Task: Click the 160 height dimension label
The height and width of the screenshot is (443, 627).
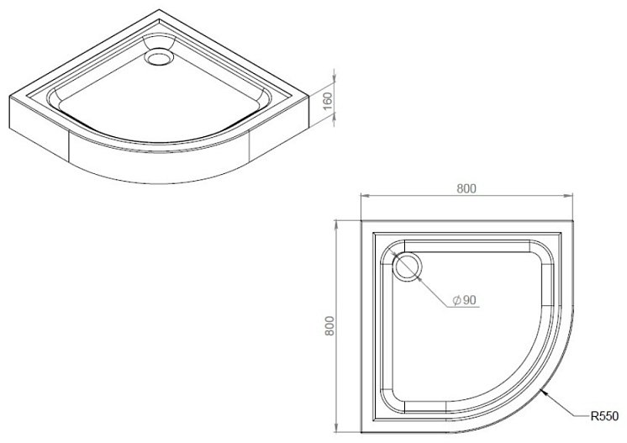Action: (x=327, y=102)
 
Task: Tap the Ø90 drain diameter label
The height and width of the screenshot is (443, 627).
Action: (x=465, y=300)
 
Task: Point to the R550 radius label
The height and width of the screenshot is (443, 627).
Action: (x=604, y=416)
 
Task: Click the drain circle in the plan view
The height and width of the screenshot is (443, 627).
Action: (x=408, y=267)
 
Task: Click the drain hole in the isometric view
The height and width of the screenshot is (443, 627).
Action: (x=159, y=56)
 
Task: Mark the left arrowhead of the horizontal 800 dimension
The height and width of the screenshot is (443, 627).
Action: (x=366, y=196)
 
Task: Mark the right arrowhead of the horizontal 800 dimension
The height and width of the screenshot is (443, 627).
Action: (x=568, y=196)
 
